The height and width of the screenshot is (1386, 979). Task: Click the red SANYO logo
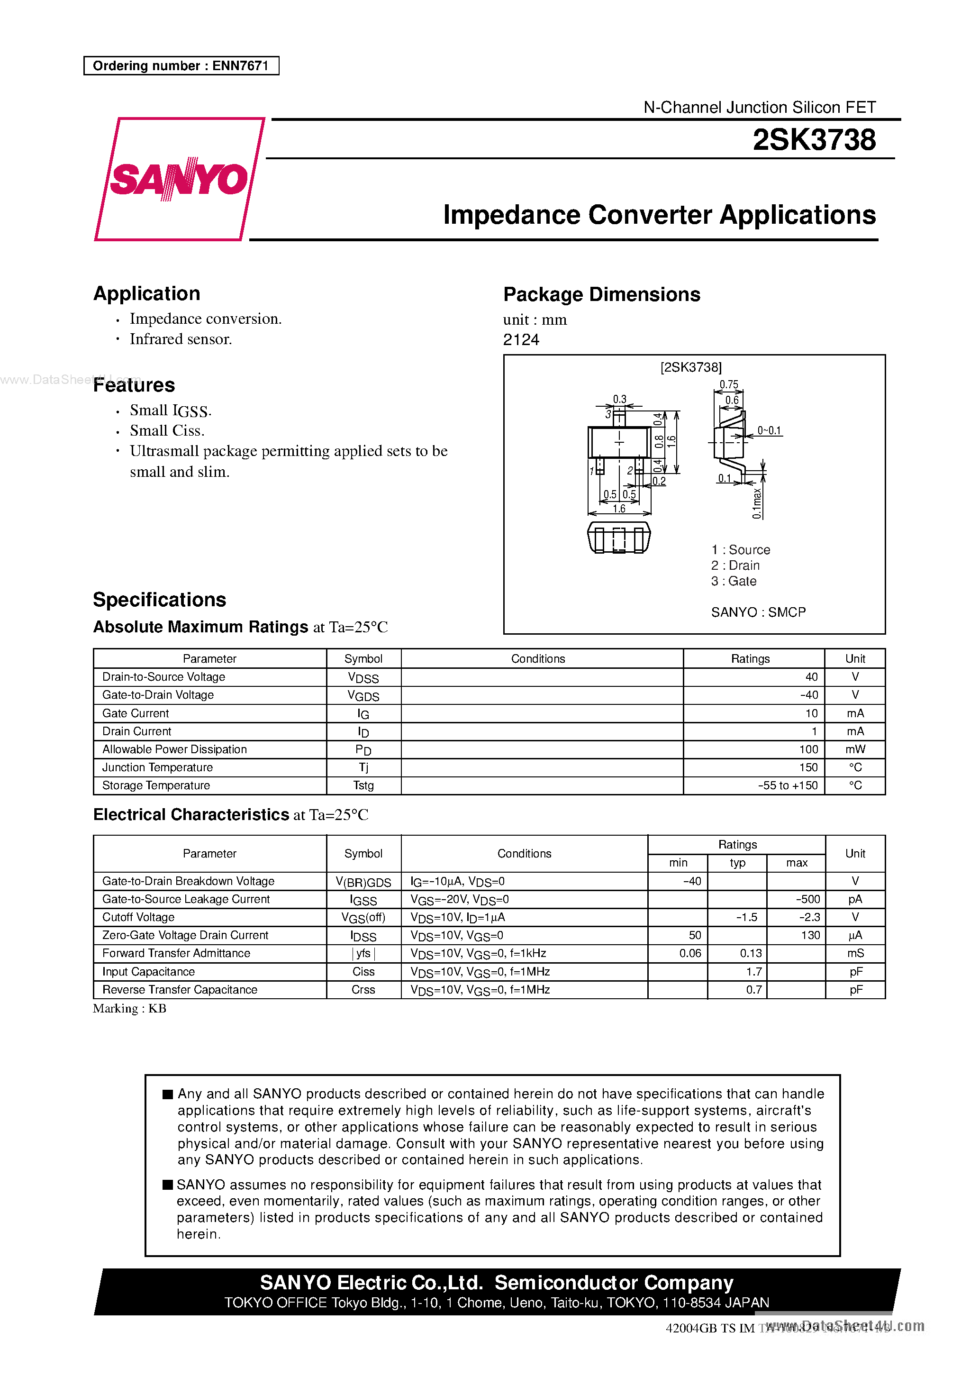click(x=179, y=179)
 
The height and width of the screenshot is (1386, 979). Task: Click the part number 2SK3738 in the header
click(x=814, y=140)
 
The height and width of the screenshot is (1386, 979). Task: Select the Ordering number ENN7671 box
click(x=181, y=66)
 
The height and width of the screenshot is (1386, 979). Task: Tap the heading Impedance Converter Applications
click(x=659, y=215)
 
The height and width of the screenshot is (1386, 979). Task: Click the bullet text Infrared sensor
click(x=181, y=339)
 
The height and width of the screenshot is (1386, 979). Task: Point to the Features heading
click(x=134, y=385)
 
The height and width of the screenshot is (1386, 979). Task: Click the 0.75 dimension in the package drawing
click(x=728, y=384)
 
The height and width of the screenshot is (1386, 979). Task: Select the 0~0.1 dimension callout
click(x=769, y=430)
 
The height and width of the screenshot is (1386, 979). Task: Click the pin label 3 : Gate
click(x=734, y=581)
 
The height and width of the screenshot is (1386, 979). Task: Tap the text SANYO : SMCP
click(x=758, y=612)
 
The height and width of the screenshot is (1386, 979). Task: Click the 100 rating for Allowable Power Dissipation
click(x=808, y=749)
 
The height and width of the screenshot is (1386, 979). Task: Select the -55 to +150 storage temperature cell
click(x=788, y=785)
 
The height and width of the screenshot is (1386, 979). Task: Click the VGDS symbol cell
click(x=363, y=695)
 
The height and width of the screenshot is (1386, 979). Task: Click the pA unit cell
click(x=855, y=899)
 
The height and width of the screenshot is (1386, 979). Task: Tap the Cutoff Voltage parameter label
click(x=138, y=917)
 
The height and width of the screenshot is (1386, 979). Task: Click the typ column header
click(x=737, y=863)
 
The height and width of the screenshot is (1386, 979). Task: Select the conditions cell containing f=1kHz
click(x=478, y=953)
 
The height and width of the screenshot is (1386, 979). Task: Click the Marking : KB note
click(x=130, y=1009)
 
